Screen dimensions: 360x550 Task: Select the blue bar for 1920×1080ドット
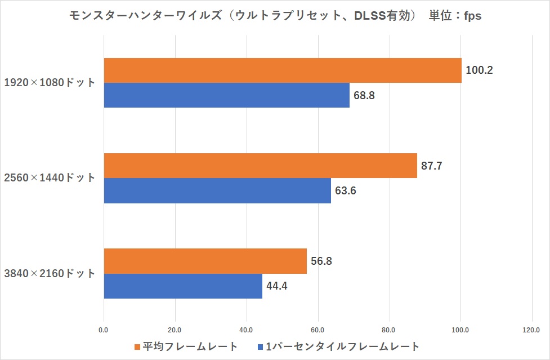click(x=226, y=95)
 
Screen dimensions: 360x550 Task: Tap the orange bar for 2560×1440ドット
click(x=260, y=166)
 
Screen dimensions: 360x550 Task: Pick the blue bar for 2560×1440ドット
click(x=217, y=190)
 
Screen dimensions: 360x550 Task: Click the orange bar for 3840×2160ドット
click(x=205, y=261)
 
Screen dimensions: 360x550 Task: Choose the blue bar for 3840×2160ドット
click(x=183, y=286)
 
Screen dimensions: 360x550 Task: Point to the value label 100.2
click(x=480, y=71)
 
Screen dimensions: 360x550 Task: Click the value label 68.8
click(x=364, y=95)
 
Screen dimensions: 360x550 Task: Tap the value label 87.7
click(x=432, y=166)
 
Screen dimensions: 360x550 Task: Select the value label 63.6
click(x=346, y=191)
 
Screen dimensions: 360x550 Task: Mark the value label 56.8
click(x=322, y=261)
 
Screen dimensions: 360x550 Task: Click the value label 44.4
click(x=277, y=286)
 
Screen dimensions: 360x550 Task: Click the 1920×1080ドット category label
click(x=50, y=83)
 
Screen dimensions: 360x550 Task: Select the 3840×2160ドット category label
click(x=50, y=274)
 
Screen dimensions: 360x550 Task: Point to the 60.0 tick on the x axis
click(x=318, y=330)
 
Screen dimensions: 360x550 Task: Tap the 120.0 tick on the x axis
click(x=531, y=330)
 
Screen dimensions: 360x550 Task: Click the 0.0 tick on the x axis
click(x=104, y=330)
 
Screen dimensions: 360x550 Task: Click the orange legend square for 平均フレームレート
click(x=137, y=346)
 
